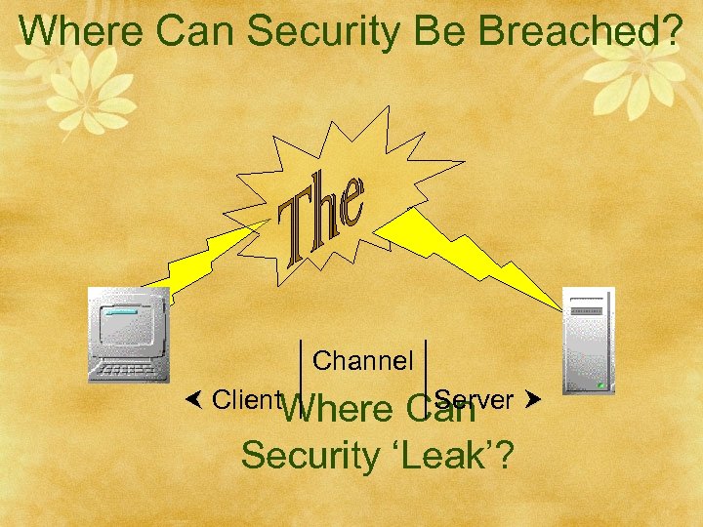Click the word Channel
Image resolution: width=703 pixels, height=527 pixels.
pos(363,361)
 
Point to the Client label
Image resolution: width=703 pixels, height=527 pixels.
pos(247,399)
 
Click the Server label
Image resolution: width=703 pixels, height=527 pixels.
pos(476,399)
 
